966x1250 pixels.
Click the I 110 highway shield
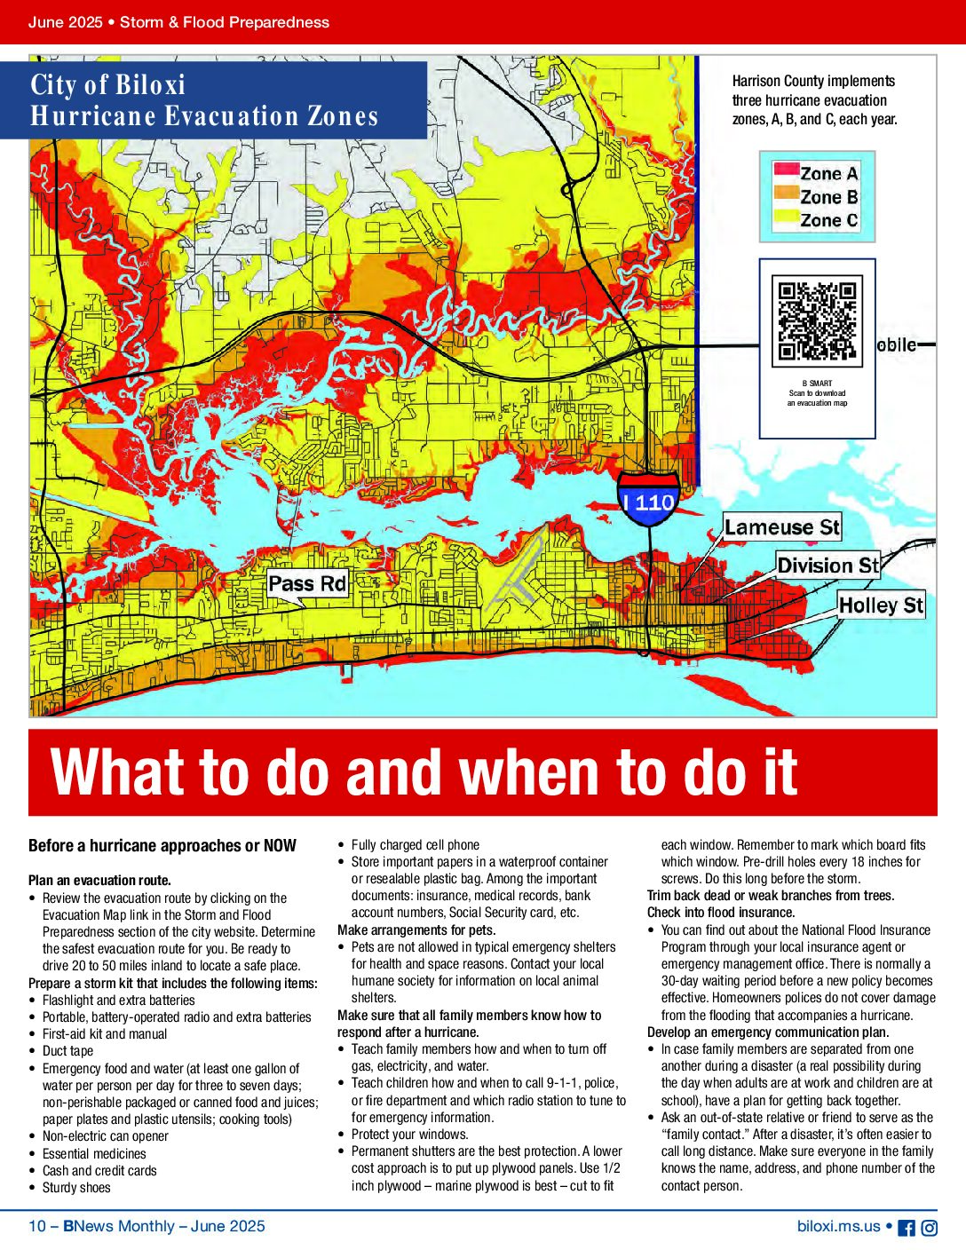click(x=649, y=501)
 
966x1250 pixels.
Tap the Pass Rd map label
click(x=307, y=583)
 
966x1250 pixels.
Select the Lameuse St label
click(x=781, y=527)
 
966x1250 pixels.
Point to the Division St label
click(x=827, y=566)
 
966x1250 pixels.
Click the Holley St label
click(x=881, y=605)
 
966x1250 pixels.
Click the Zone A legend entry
click(x=817, y=173)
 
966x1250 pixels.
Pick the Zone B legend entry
click(x=817, y=197)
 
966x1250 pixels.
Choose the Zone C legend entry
click(x=817, y=220)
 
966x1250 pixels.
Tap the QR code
click(x=817, y=321)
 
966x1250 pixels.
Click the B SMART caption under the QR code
click(x=817, y=384)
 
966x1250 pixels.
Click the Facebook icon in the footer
click(x=907, y=1228)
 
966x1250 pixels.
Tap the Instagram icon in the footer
click(x=929, y=1228)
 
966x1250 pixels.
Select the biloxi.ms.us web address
click(x=839, y=1226)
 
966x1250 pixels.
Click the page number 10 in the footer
click(x=37, y=1226)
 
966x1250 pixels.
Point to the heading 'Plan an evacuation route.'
click(x=99, y=881)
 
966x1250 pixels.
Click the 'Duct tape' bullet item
click(x=67, y=1051)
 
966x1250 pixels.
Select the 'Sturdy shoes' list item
click(x=76, y=1188)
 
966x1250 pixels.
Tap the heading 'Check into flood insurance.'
click(x=721, y=913)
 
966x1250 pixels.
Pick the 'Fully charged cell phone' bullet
click(x=415, y=845)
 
